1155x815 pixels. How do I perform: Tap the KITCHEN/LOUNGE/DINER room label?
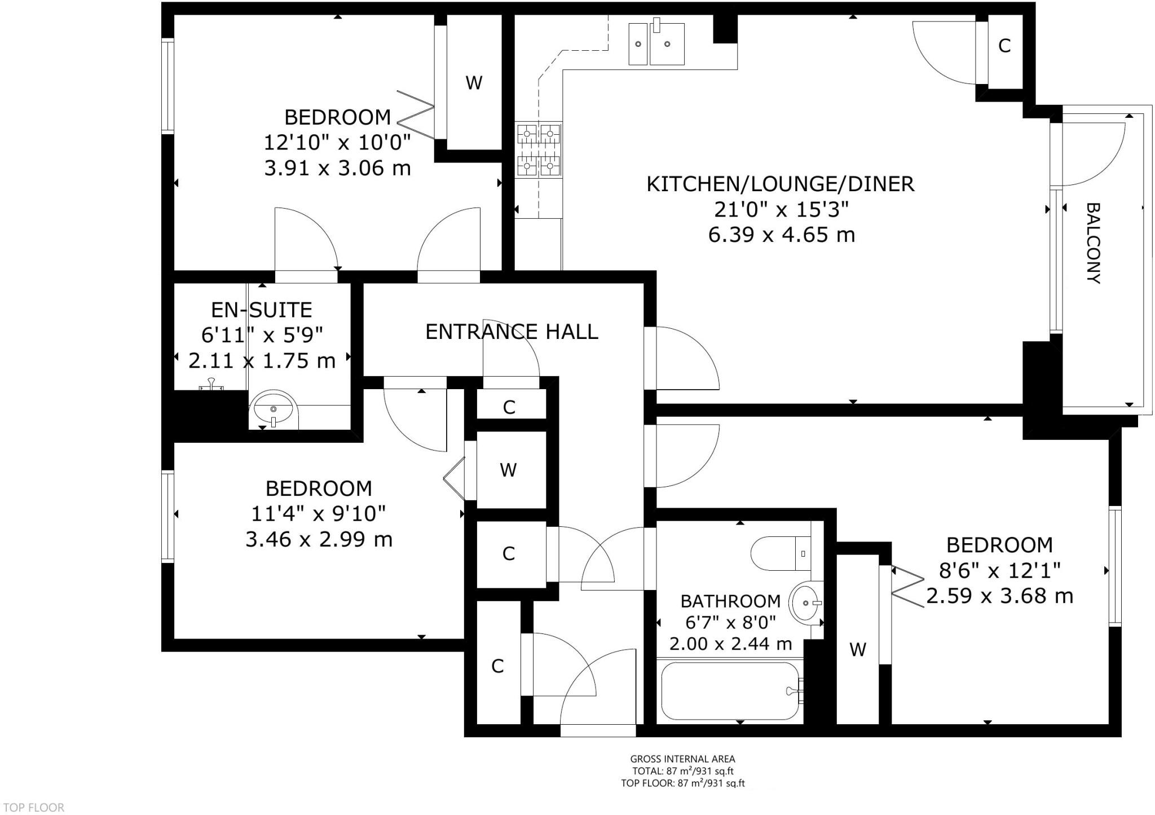781,184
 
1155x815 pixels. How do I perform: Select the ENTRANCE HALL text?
512,332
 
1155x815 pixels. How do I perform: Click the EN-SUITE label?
261,310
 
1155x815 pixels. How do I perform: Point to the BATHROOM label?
730,601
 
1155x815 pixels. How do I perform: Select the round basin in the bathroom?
806,603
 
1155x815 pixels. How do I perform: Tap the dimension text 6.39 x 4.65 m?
782,235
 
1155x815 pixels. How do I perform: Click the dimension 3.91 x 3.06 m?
337,168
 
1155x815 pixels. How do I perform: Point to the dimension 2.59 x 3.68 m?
999,596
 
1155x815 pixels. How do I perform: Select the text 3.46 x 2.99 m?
319,540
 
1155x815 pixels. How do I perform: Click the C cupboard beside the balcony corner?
1004,46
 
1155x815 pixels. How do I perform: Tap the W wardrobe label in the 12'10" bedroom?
474,83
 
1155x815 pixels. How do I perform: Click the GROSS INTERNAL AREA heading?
682,759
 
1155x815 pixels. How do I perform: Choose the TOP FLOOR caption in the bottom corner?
34,808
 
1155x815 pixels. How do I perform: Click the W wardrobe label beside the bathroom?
857,650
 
